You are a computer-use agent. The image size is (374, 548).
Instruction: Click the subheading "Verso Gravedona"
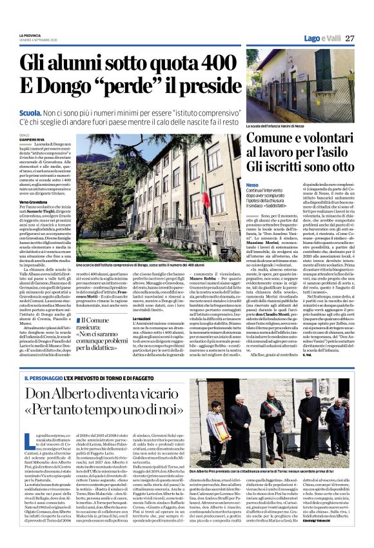(x=37, y=203)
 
